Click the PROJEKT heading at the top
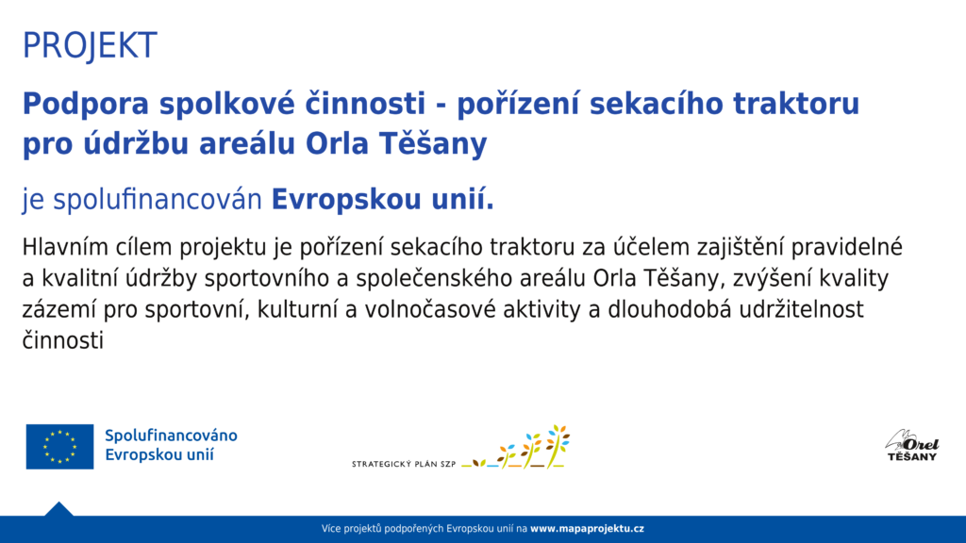click(90, 45)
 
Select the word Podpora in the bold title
click(86, 104)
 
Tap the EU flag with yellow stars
click(59, 446)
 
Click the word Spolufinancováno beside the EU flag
click(172, 436)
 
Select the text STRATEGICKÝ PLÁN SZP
click(404, 464)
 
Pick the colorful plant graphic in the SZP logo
click(516, 447)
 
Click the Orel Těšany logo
click(912, 446)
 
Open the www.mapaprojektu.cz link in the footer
click(587, 529)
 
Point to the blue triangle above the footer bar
click(59, 510)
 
